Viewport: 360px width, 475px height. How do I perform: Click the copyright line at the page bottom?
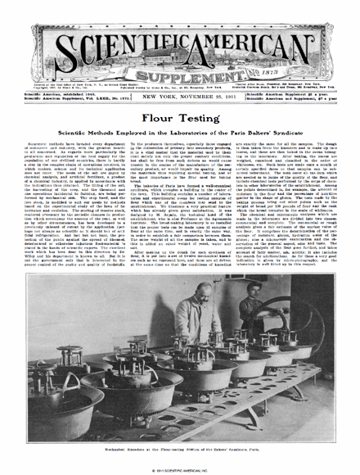179,468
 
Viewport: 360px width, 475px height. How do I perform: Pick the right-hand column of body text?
290,197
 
